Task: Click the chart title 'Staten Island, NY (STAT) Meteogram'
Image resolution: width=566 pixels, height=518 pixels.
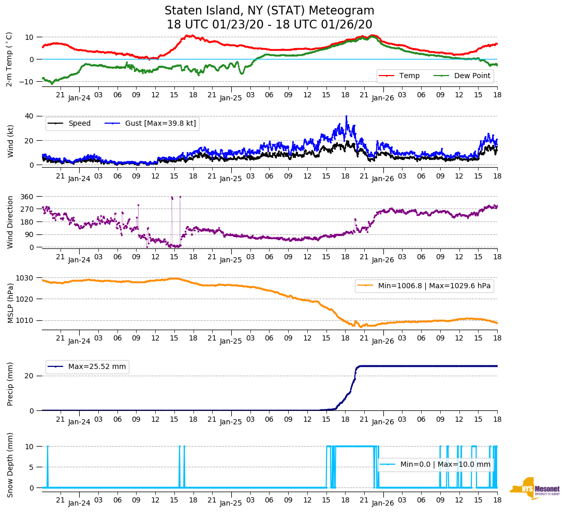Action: (x=269, y=11)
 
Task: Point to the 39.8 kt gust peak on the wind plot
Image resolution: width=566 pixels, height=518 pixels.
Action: (x=346, y=116)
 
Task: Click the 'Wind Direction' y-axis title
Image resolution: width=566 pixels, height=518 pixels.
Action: (x=10, y=222)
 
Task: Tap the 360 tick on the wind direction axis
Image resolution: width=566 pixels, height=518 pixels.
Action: (x=27, y=197)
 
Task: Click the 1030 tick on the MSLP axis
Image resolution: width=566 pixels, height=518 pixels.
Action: (x=25, y=278)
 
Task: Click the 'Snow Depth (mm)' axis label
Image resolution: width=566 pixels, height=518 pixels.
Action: (x=10, y=465)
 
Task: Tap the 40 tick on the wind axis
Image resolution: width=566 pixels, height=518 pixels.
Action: (x=30, y=116)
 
